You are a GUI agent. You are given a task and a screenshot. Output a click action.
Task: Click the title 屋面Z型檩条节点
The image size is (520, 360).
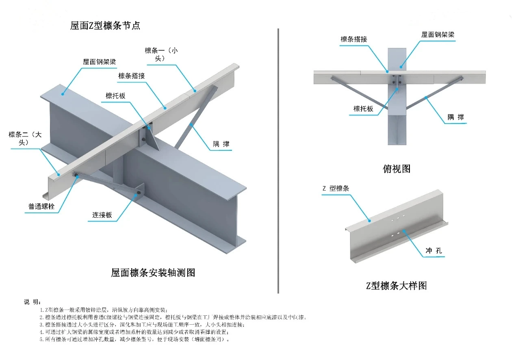click(105, 26)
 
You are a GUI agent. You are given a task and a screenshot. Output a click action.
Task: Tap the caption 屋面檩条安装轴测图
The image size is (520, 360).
click(153, 273)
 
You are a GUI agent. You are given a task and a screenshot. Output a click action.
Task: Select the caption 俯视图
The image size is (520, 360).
click(396, 169)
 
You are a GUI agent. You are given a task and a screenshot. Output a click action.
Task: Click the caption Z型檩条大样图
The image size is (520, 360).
click(396, 286)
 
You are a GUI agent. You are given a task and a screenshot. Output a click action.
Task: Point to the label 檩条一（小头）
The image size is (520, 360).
click(162, 54)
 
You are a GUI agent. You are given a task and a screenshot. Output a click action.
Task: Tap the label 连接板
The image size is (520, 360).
click(100, 215)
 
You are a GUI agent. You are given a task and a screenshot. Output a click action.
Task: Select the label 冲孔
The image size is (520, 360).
click(433, 251)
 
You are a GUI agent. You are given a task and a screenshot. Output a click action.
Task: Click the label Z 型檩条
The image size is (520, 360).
click(336, 188)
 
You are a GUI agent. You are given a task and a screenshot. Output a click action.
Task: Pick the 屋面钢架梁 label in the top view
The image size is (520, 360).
click(438, 35)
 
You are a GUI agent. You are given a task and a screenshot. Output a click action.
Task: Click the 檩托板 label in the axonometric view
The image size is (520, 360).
click(115, 96)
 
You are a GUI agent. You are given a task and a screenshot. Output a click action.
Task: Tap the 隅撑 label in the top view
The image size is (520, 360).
click(455, 117)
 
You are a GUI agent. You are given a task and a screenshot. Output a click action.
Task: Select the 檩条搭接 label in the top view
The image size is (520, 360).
click(354, 39)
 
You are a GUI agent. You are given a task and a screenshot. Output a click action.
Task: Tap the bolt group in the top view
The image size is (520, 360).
click(396, 80)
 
